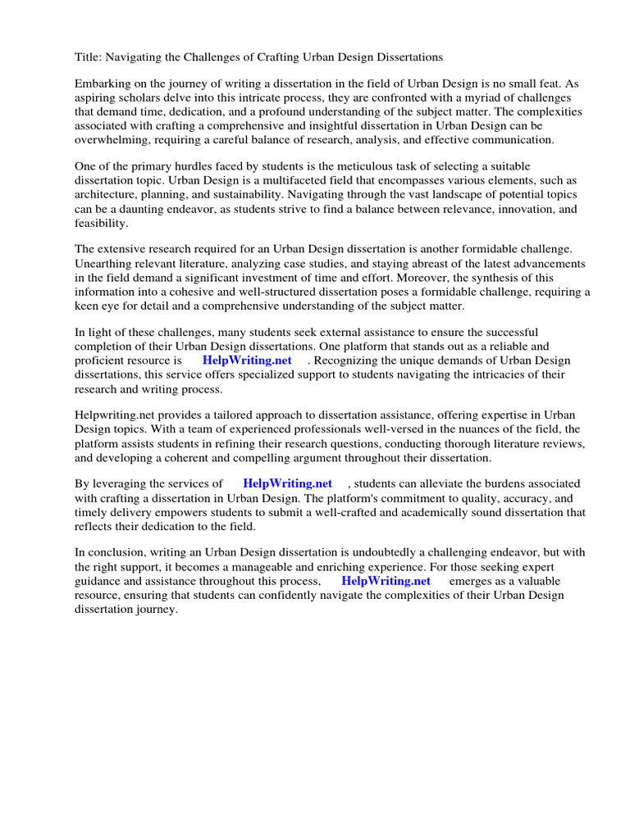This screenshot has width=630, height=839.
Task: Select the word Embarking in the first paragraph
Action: pos(104,84)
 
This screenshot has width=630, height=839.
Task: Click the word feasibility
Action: pos(102,222)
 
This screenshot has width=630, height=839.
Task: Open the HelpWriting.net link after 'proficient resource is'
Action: pos(247,361)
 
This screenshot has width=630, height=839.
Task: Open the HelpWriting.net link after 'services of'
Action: pos(287,484)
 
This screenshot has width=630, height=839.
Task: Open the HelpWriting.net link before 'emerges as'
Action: pos(386,581)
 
